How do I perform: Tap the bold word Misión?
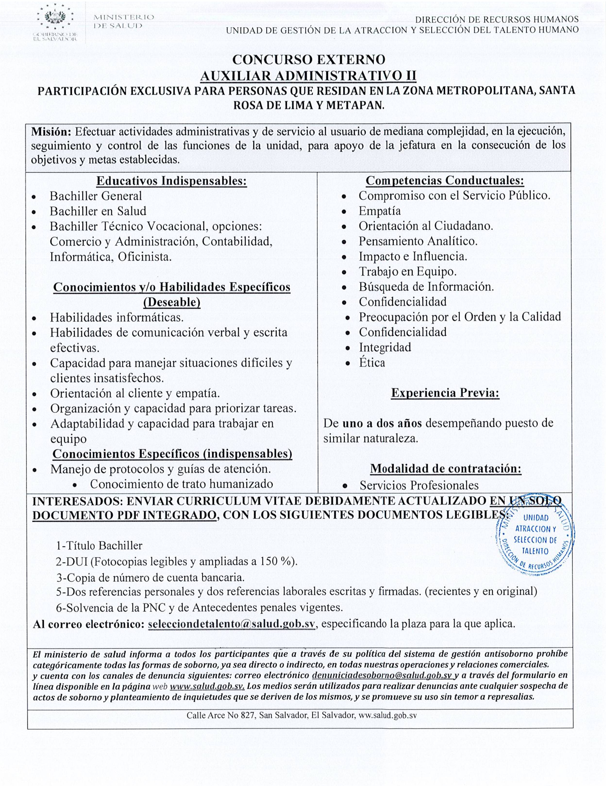[51, 131]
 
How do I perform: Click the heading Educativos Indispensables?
[171, 180]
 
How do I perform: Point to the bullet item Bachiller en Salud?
[98, 211]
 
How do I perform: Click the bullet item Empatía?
[379, 211]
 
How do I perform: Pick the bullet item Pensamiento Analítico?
[418, 241]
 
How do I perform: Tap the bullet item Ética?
[372, 362]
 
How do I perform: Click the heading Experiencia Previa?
[445, 393]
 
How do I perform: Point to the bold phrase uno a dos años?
[382, 423]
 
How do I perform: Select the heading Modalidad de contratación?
[446, 468]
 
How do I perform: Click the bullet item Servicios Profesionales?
[419, 485]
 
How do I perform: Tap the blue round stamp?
[535, 539]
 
